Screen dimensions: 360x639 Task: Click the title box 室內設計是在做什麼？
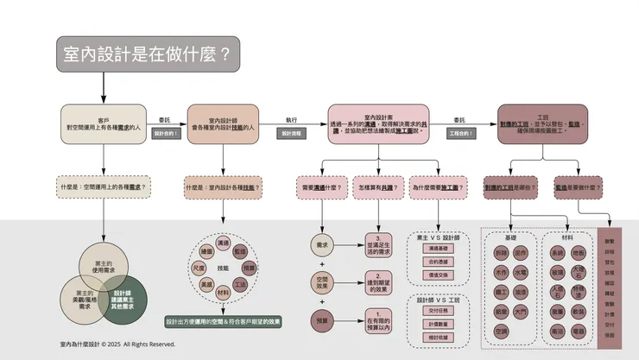coord(148,54)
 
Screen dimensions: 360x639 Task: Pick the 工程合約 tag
coord(461,135)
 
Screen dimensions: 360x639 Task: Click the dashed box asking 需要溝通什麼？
coord(319,187)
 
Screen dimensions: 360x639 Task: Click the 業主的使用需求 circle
coord(104,265)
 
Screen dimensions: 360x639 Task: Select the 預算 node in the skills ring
coord(240,268)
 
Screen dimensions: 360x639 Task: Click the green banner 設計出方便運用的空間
coord(223,320)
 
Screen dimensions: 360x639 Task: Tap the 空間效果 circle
coord(321,282)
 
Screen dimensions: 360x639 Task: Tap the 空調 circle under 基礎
coord(502,331)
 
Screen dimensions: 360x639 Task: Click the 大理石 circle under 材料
coord(578,272)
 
